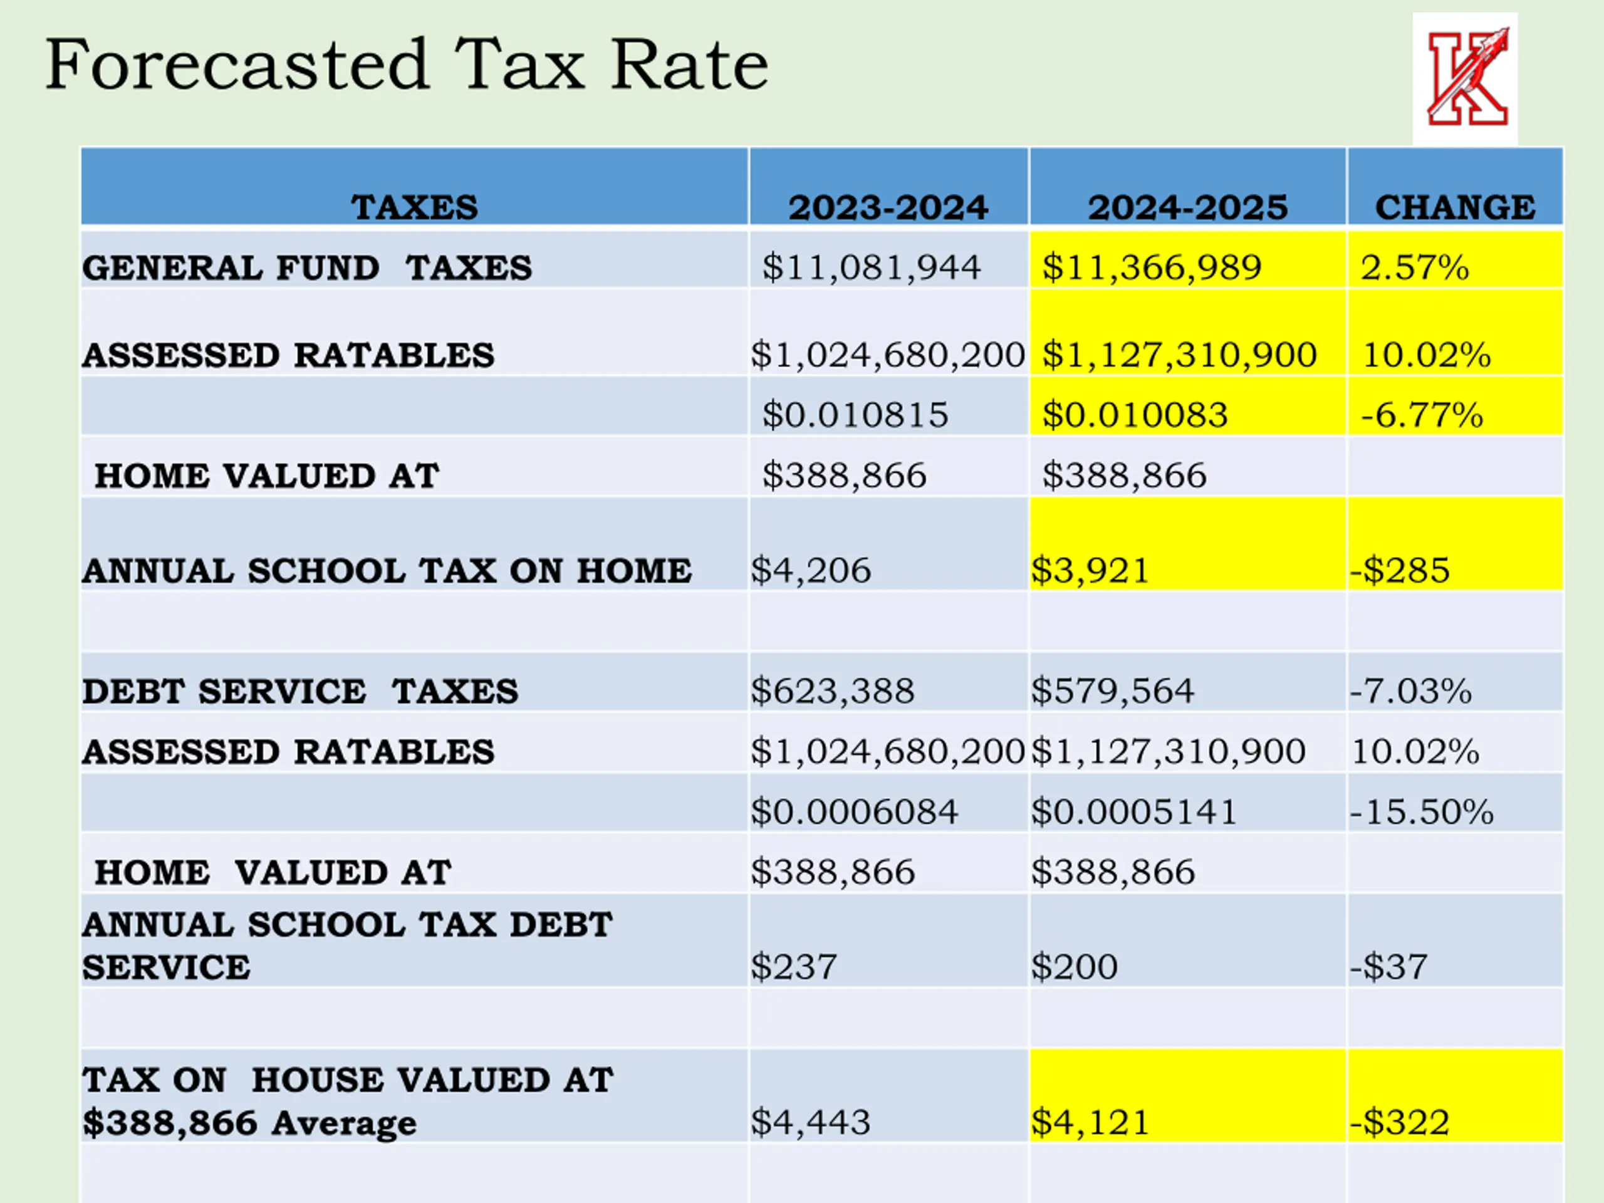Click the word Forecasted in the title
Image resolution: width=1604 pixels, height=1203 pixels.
point(236,65)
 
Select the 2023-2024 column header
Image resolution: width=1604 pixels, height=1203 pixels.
point(888,207)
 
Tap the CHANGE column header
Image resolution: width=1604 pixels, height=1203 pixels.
point(1455,207)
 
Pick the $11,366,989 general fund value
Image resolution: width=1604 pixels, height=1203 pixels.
point(1152,267)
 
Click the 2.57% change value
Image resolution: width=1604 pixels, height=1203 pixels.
point(1414,267)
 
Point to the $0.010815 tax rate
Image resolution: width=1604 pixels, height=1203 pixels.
point(854,415)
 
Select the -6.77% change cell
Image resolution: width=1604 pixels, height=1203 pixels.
point(1421,415)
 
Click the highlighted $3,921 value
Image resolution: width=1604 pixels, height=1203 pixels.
point(1090,570)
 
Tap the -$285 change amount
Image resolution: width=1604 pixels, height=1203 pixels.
point(1400,570)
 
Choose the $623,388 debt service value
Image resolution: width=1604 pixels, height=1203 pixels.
point(833,690)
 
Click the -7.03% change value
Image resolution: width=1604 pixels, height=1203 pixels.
point(1410,690)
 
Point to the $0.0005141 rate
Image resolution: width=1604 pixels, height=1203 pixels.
point(1133,811)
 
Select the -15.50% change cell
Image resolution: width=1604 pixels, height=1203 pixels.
point(1421,811)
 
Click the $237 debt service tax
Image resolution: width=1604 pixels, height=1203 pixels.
point(793,967)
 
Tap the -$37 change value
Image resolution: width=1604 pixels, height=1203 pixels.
point(1388,967)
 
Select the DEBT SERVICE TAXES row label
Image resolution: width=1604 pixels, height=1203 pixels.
point(300,691)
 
